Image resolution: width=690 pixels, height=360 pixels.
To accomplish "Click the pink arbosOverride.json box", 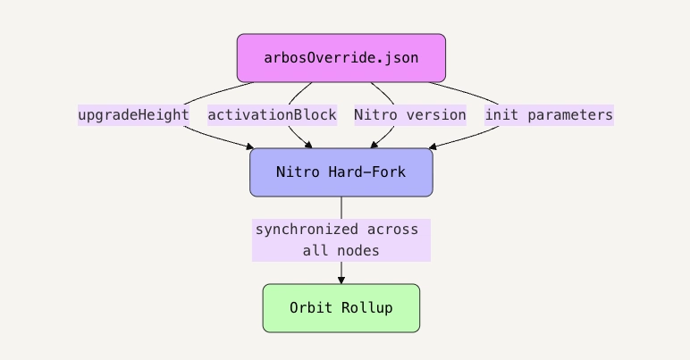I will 341,58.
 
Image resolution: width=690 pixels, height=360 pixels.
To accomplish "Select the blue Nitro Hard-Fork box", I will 341,172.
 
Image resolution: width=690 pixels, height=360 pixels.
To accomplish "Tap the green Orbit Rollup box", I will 341,308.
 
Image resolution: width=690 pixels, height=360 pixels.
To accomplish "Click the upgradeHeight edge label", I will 133,115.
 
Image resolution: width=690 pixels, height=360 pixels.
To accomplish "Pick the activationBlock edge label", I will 272,115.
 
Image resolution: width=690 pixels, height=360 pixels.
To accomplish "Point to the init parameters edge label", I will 549,115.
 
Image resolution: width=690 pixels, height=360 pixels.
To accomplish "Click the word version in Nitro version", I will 435,115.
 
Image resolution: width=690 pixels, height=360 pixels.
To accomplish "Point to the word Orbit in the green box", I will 310,308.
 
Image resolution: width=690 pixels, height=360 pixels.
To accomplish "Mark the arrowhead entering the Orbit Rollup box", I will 341,280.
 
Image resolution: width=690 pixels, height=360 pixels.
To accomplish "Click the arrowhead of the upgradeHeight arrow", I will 249,146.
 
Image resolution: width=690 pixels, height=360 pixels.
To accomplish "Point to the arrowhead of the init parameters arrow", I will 433,146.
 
